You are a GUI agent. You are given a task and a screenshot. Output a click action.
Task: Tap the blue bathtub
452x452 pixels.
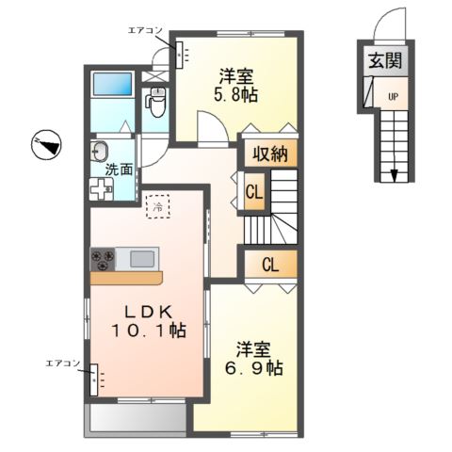coord(112,84)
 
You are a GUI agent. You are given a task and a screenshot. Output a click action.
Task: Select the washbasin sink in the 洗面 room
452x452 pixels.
coord(100,151)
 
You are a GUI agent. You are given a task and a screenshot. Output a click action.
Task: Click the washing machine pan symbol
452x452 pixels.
coord(102,188)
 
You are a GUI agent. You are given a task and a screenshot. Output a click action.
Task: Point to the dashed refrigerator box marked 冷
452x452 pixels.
coord(158,206)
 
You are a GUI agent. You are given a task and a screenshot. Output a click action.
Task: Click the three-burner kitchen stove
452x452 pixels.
coord(103,259)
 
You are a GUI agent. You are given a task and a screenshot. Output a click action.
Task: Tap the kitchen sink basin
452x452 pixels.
coord(142,260)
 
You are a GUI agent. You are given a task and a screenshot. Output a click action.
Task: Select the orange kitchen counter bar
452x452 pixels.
coord(126,279)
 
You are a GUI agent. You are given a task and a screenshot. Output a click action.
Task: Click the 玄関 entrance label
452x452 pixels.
coord(385,60)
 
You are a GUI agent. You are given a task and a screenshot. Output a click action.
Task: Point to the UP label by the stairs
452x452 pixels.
coord(393,97)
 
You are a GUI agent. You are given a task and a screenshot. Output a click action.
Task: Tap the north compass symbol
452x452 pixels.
coord(46,145)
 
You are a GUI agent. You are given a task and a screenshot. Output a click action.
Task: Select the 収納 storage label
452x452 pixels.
coord(270,154)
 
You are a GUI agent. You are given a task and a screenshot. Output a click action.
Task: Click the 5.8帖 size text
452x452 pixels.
coord(236,94)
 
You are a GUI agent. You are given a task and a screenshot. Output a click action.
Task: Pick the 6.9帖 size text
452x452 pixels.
coord(254,367)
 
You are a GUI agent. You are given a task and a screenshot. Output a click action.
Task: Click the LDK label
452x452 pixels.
coord(150,313)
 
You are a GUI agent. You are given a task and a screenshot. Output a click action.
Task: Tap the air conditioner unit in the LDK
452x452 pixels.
coord(94,379)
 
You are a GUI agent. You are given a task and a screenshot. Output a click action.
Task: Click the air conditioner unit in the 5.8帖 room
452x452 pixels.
coord(179,55)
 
